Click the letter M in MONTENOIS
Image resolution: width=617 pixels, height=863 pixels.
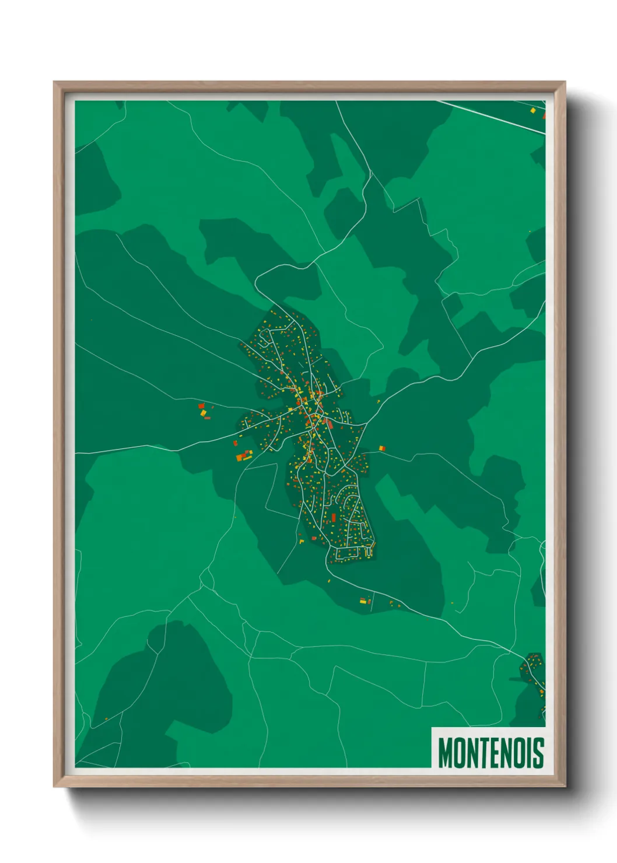pos(446,752)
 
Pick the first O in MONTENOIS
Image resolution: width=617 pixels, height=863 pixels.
pos(459,752)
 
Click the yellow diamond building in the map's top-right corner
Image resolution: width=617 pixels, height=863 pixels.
pos(532,109)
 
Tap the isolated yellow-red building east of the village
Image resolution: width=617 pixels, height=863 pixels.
pos(382,448)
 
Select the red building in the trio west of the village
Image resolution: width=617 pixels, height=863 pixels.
pos(201,406)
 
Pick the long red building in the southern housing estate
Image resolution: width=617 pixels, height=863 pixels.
pos(334,517)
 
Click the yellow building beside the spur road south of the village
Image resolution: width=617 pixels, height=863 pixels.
pos(363,601)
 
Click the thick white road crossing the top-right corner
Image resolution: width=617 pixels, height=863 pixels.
pos(496,117)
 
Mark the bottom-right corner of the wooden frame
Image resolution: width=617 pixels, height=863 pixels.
pos(564,786)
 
